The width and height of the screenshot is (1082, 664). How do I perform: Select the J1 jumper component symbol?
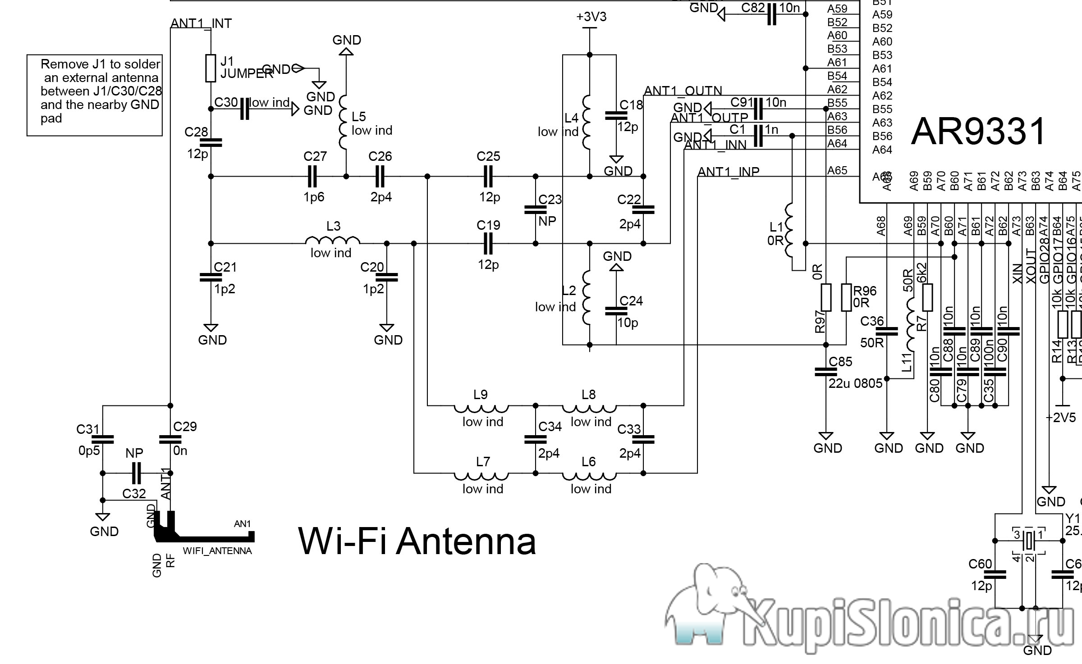[x=211, y=68]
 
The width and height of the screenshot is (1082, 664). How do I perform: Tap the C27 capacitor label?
[x=315, y=156]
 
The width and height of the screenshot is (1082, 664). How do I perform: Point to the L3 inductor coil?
[x=333, y=240]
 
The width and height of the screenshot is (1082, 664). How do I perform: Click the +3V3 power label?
[x=591, y=17]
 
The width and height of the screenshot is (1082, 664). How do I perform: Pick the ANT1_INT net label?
[x=201, y=23]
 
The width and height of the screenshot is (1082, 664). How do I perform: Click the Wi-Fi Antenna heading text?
[x=417, y=541]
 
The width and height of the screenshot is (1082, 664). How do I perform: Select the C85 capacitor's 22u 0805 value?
[x=855, y=383]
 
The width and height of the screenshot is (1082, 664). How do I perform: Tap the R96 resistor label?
[x=865, y=291]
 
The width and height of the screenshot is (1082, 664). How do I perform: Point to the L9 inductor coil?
[x=481, y=409]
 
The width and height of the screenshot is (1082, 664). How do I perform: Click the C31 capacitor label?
[x=87, y=429]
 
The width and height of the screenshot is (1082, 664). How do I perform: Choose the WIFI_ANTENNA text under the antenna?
[x=217, y=551]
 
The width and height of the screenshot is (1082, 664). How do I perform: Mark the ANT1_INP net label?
[x=728, y=172]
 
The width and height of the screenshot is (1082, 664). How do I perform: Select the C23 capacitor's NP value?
[x=547, y=221]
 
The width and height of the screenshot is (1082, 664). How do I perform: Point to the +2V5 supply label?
[x=1061, y=418]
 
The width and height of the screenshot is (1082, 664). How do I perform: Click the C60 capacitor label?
[x=980, y=564]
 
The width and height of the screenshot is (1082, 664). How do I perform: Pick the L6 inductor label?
[x=588, y=462]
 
